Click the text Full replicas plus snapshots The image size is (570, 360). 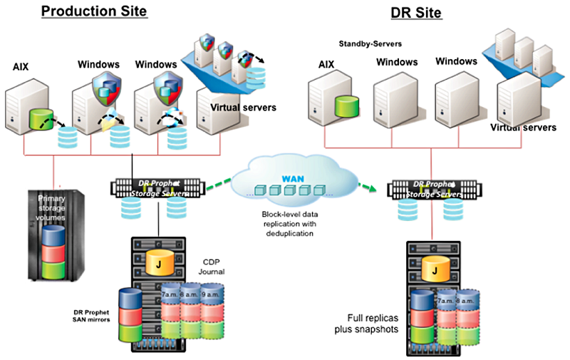click(x=367, y=323)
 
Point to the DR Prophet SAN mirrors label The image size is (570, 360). click(x=90, y=316)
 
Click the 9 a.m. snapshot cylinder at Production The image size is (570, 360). click(x=213, y=294)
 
